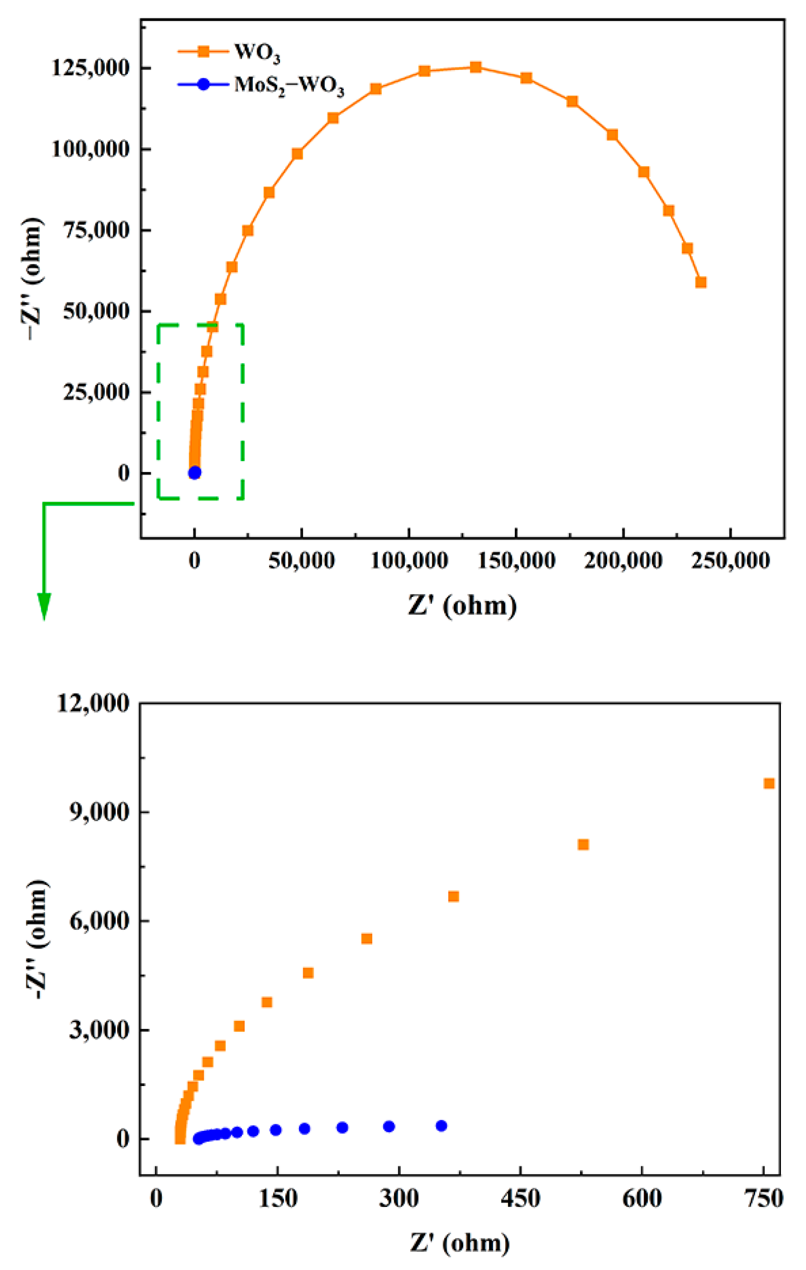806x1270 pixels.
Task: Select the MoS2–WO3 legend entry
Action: [288, 85]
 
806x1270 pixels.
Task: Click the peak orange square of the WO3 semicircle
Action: [475, 67]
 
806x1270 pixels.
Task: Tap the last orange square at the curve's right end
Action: [701, 282]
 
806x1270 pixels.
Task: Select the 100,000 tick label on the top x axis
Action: [409, 560]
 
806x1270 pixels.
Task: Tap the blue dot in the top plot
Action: [195, 472]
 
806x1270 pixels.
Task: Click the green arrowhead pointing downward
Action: [44, 606]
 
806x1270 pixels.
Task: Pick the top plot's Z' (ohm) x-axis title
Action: [462, 605]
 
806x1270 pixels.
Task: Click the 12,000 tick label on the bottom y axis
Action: [93, 703]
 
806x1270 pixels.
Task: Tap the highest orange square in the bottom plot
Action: [769, 783]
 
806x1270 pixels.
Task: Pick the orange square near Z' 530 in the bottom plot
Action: [583, 844]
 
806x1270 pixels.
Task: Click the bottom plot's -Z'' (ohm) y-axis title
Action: [37, 939]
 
